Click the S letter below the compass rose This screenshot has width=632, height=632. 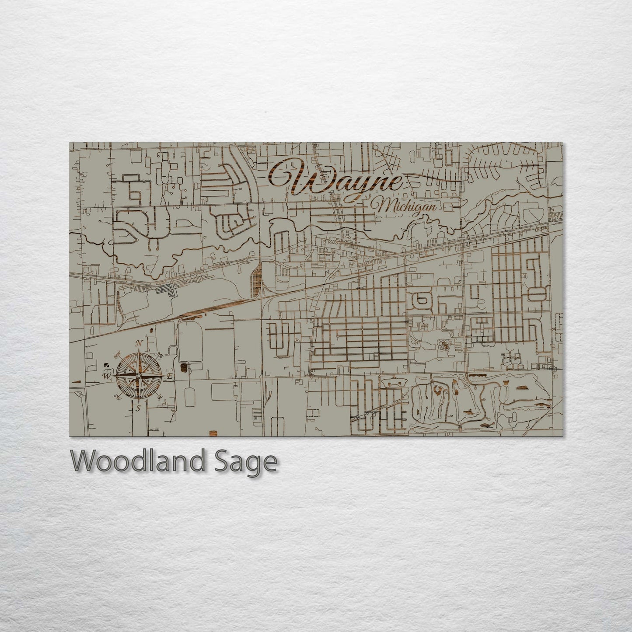[138, 409]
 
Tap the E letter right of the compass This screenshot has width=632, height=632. [171, 376]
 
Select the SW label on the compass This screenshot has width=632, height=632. [117, 397]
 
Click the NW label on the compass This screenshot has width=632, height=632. [118, 356]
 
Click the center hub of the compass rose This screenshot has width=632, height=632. [139, 376]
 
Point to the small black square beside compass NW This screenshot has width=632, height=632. [106, 364]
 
